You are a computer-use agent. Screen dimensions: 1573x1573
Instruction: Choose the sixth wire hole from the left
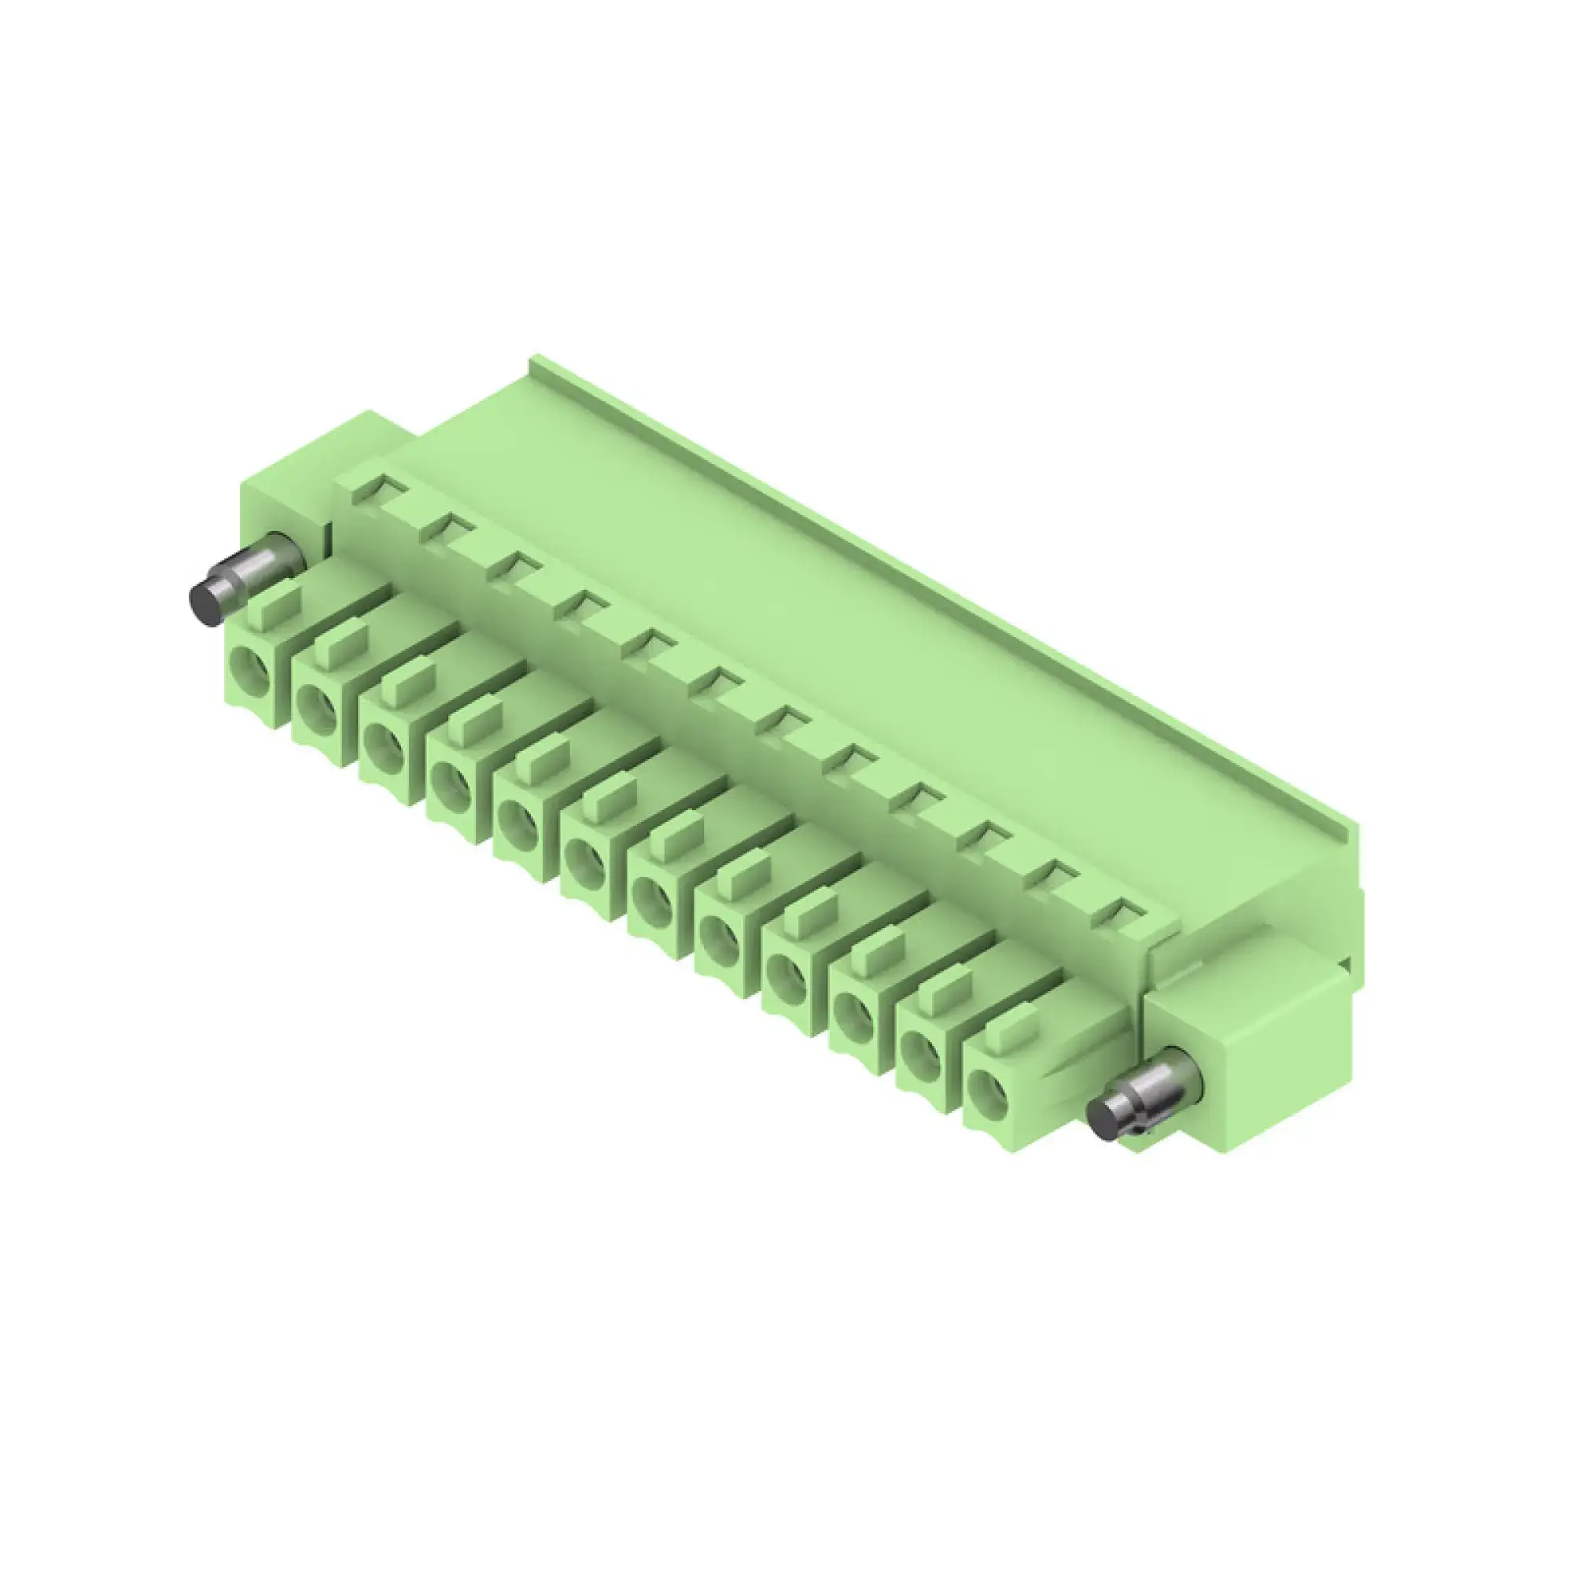click(586, 864)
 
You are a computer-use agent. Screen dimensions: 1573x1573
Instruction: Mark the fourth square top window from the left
click(584, 605)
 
